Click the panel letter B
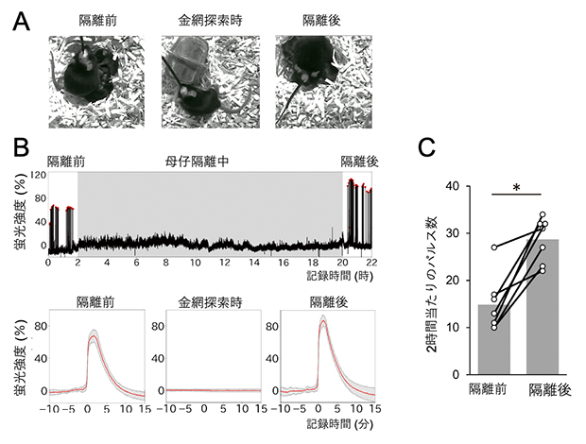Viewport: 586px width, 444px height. pos(20,148)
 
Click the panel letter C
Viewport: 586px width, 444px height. pos(426,147)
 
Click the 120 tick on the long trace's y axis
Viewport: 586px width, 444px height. pos(36,176)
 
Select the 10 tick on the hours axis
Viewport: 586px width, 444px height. pos(194,263)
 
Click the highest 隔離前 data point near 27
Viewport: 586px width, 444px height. pos(492,248)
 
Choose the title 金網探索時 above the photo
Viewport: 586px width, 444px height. pos(200,18)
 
